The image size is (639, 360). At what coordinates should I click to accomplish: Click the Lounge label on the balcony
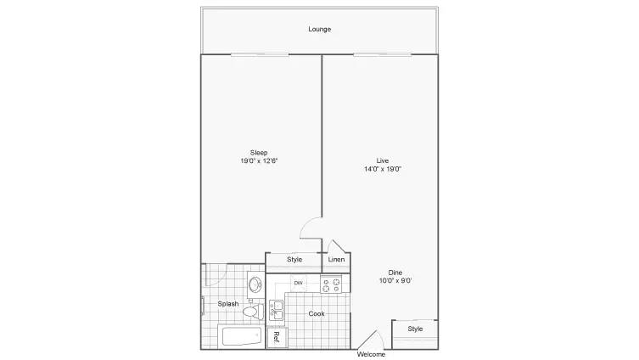tap(319, 30)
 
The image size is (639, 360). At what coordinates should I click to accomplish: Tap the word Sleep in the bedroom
tap(258, 153)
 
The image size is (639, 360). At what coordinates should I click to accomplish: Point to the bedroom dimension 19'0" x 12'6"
tap(258, 161)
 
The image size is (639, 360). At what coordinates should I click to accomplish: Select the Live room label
tap(383, 160)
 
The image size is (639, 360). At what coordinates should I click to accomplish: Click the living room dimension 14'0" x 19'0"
tap(383, 169)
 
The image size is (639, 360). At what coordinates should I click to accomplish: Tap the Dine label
tap(395, 273)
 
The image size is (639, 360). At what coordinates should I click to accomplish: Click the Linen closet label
tap(336, 260)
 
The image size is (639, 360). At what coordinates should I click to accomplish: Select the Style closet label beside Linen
tap(294, 260)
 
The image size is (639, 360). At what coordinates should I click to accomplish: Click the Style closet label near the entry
tap(415, 329)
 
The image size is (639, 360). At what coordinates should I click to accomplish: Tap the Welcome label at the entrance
tap(371, 354)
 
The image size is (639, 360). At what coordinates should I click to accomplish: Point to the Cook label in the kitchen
tap(316, 314)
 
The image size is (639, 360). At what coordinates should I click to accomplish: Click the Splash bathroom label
tap(227, 304)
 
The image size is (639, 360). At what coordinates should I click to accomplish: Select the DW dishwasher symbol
tap(298, 283)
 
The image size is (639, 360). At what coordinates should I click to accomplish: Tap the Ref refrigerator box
tap(276, 337)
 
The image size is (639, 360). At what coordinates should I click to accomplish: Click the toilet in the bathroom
tap(251, 312)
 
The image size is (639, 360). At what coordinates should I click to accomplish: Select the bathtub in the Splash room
tap(240, 337)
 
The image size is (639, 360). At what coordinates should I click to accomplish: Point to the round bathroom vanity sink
tap(255, 284)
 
